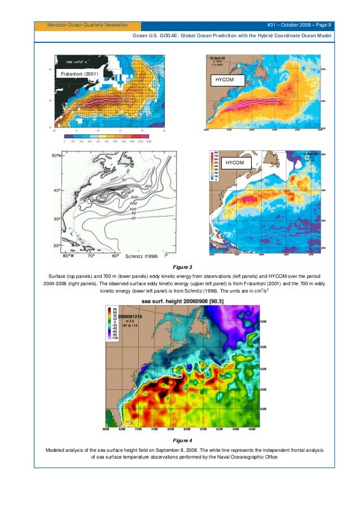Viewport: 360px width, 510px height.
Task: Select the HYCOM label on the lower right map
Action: pos(235,163)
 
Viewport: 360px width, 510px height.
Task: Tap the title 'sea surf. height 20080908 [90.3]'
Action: pos(180,302)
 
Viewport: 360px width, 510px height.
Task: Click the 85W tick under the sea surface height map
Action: pos(105,430)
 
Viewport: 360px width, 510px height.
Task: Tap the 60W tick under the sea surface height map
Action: pos(187,430)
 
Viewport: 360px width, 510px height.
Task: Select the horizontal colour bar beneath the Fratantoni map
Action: pos(107,136)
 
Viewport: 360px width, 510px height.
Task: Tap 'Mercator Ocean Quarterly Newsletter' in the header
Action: pos(87,25)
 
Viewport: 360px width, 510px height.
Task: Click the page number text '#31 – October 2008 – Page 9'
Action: pos(301,25)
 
